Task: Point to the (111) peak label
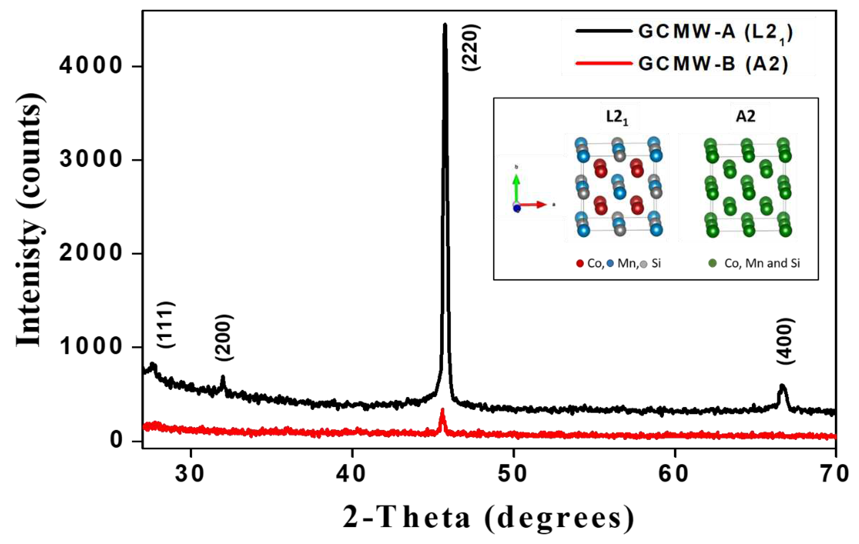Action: coord(166,325)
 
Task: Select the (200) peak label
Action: coord(224,337)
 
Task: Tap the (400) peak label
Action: coord(786,341)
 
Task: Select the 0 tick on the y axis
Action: coord(117,441)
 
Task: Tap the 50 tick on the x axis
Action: coord(513,474)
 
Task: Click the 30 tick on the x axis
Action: coord(190,474)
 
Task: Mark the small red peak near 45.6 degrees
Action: coord(442,413)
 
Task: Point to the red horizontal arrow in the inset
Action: coord(533,205)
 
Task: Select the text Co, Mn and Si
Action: coord(762,263)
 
